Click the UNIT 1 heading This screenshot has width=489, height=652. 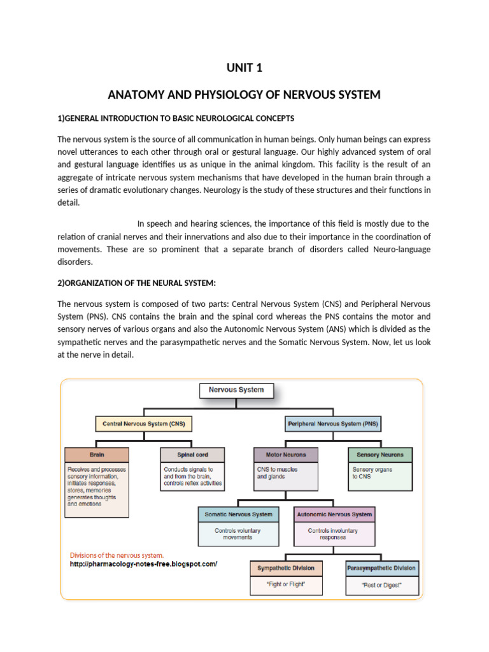click(244, 67)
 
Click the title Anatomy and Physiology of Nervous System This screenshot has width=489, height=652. click(244, 95)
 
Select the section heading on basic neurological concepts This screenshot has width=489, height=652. click(176, 118)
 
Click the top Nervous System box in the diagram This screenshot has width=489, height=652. click(237, 390)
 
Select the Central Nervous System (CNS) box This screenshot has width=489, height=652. click(144, 423)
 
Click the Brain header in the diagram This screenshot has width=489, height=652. click(97, 455)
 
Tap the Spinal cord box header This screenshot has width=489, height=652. click(192, 455)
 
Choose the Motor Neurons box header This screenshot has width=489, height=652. click(285, 455)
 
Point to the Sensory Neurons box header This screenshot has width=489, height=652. click(380, 455)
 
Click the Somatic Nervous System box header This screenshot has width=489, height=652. click(238, 514)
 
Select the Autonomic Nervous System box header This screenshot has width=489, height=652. click(334, 514)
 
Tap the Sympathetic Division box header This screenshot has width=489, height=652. click(286, 567)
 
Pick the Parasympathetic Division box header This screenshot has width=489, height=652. click(381, 567)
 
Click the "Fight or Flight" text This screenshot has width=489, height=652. click(286, 584)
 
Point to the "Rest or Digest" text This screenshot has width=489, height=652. click(381, 585)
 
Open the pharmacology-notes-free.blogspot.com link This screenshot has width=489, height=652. click(143, 563)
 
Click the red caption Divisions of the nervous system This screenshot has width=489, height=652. click(117, 555)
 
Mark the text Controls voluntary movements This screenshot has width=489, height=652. click(238, 534)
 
